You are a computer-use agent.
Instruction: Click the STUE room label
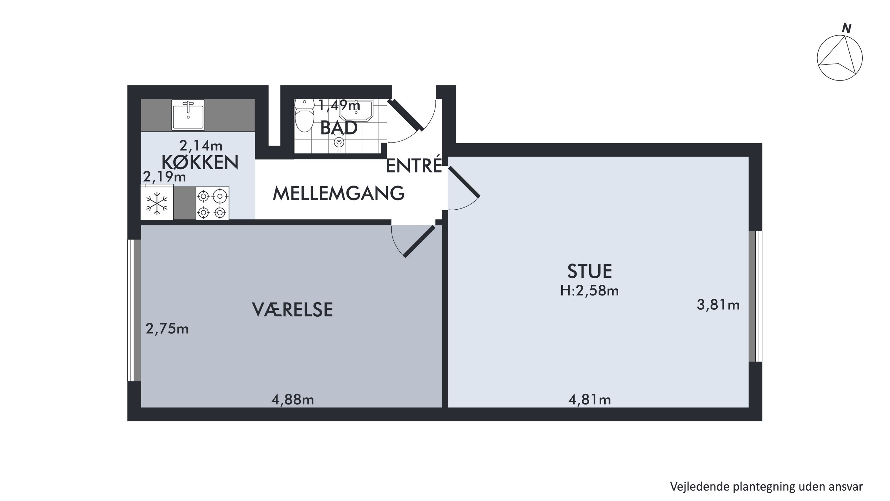(589, 271)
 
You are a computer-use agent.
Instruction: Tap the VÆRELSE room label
(292, 310)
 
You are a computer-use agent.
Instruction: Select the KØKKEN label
(200, 162)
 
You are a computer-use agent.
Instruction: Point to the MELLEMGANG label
(338, 193)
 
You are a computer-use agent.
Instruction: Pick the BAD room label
(338, 128)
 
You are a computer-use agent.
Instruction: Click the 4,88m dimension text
(292, 400)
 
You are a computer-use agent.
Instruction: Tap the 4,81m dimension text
(589, 400)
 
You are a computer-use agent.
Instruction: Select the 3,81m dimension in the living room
(718, 305)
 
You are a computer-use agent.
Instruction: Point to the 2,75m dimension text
(167, 329)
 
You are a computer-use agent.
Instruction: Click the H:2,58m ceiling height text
(589, 291)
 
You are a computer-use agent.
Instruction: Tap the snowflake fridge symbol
(157, 203)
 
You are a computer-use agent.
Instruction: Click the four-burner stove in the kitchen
(212, 203)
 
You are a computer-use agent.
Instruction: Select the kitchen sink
(188, 115)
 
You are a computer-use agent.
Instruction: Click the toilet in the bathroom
(304, 116)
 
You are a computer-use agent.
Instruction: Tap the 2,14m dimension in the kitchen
(200, 146)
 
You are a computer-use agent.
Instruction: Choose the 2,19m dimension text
(164, 177)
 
